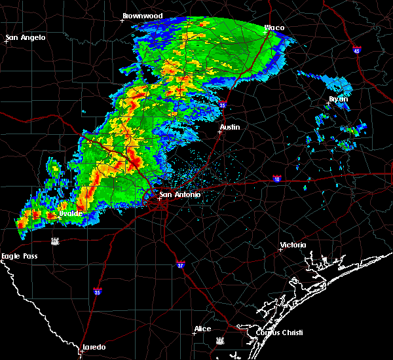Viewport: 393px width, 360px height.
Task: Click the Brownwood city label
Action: click(x=142, y=15)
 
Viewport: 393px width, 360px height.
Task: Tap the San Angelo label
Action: click(x=26, y=37)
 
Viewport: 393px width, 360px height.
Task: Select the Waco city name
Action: click(x=274, y=28)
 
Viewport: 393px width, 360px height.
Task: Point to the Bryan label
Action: click(x=338, y=99)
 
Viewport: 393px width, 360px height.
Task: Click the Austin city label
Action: click(x=230, y=128)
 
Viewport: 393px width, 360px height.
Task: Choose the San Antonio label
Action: click(x=179, y=194)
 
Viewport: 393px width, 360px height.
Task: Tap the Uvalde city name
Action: click(x=70, y=213)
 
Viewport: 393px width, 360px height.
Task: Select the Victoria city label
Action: click(x=293, y=245)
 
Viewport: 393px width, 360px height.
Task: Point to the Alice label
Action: click(x=202, y=329)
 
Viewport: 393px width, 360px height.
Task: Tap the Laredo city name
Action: click(x=94, y=347)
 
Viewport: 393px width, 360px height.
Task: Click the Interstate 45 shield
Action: click(x=357, y=50)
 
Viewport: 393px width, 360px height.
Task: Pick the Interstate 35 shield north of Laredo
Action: click(x=97, y=292)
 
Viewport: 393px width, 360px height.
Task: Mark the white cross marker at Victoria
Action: click(x=280, y=249)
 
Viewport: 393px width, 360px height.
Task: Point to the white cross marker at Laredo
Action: click(x=81, y=351)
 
